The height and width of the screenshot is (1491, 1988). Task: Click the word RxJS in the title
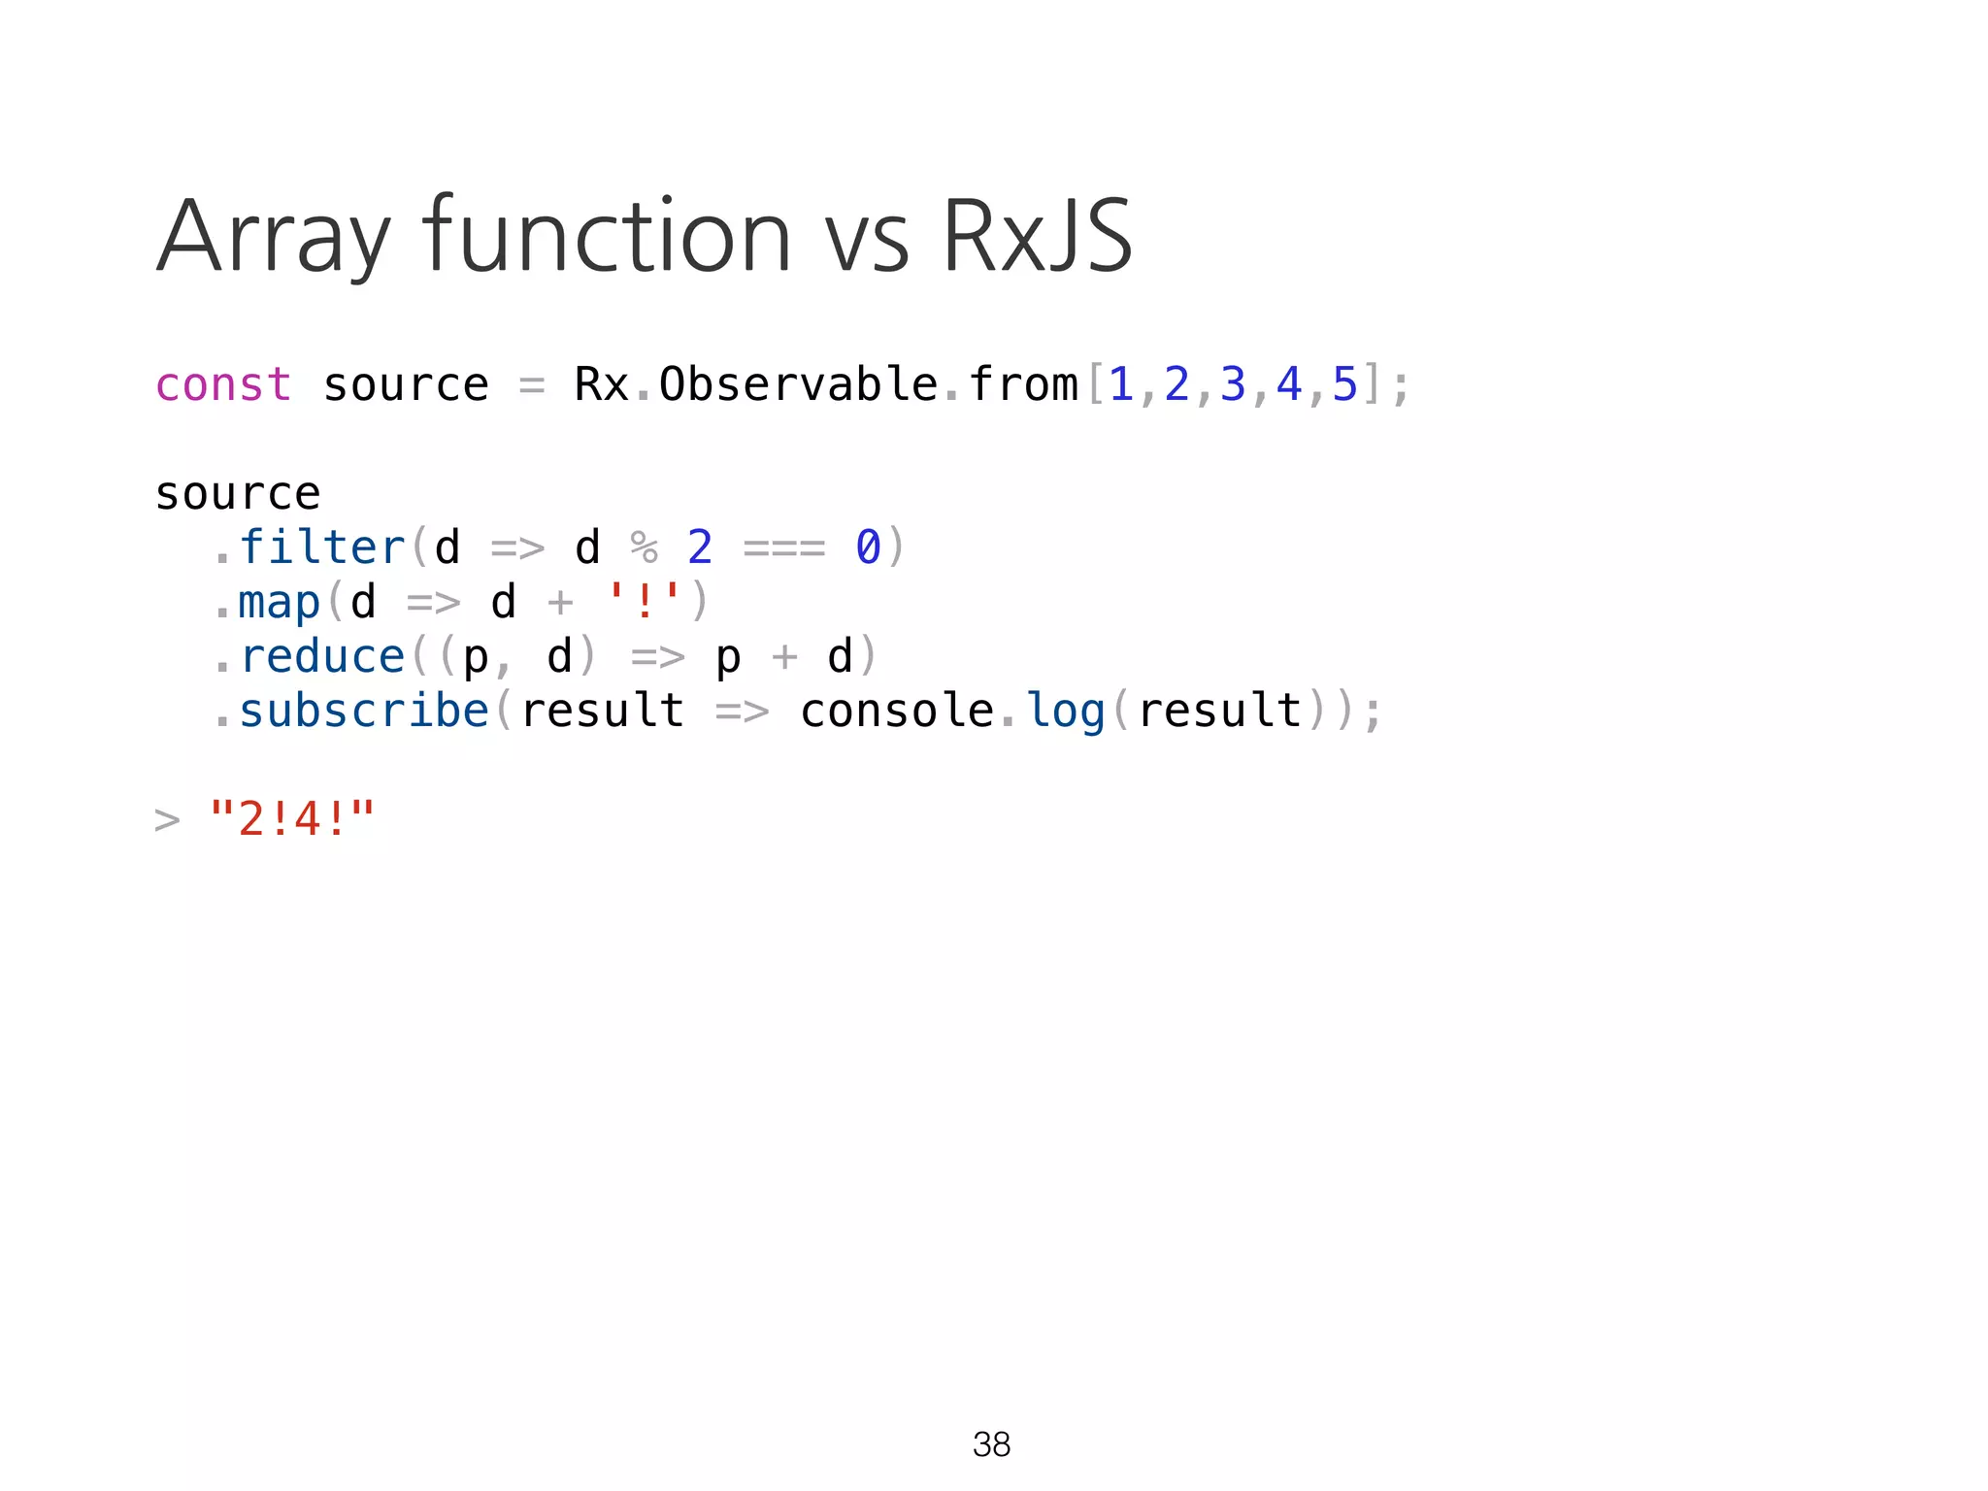[x=1037, y=236]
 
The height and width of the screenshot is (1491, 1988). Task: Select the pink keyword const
[x=223, y=384]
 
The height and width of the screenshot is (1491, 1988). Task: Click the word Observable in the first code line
[x=798, y=384]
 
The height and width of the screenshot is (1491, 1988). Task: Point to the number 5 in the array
[x=1344, y=384]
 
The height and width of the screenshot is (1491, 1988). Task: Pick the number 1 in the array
[x=1121, y=384]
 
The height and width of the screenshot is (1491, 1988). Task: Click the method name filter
[x=321, y=547]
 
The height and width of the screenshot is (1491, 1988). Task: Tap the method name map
[x=280, y=603]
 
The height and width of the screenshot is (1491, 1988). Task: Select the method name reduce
[x=321, y=657]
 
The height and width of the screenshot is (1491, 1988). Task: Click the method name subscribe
[x=364, y=711]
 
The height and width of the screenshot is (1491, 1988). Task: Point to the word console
[x=897, y=711]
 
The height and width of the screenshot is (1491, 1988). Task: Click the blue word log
[x=1066, y=712]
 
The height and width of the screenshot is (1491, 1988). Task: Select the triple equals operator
[x=784, y=548]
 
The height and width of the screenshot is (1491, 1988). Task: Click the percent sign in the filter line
[x=645, y=547]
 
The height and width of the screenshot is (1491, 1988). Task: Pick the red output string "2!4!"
[x=292, y=819]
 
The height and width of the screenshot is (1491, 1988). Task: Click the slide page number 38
[x=991, y=1444]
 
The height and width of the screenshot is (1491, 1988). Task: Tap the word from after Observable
[x=1023, y=384]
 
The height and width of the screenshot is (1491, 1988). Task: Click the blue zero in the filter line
[x=868, y=547]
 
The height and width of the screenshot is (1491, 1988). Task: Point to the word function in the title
[x=607, y=236]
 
